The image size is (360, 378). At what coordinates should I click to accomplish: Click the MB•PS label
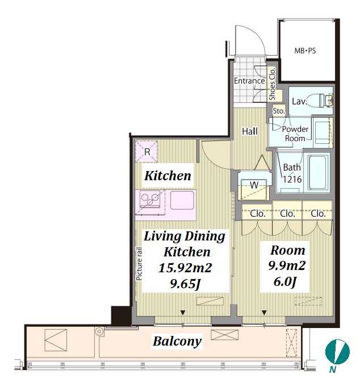pos(305,51)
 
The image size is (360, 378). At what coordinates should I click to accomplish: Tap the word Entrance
pos(249,81)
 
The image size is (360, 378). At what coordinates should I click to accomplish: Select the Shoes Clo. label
pos(272,84)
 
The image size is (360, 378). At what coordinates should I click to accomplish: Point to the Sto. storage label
pos(279,111)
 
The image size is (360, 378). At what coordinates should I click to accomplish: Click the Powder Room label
pos(295,134)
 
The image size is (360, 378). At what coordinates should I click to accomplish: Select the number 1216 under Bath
pos(292,179)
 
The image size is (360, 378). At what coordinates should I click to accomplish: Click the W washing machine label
pos(254,185)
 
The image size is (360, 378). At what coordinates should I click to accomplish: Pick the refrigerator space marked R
pos(146,152)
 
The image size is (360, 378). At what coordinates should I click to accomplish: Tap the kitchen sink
pos(182,200)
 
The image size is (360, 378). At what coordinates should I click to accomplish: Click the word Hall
pos(250,131)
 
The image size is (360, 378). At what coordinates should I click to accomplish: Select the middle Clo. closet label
pos(287,213)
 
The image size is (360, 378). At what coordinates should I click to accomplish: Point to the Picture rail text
pos(139,264)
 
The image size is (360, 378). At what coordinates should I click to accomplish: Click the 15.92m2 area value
pos(185,268)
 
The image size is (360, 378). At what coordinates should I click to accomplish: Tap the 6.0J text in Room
pos(285,281)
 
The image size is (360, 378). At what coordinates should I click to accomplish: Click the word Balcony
pos(177,341)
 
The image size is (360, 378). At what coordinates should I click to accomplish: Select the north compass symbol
pos(337,352)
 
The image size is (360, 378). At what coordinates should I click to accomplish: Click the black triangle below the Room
pos(264,313)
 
